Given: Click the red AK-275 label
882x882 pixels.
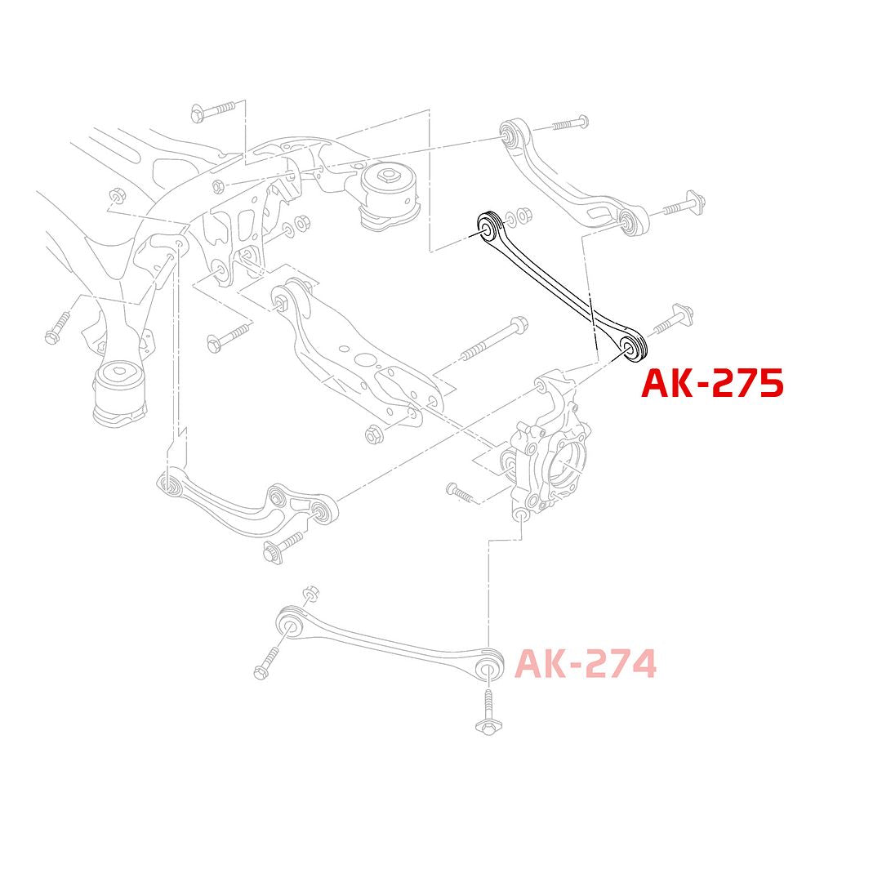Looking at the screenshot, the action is (x=712, y=383).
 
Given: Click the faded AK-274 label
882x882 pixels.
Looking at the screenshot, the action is (x=586, y=664).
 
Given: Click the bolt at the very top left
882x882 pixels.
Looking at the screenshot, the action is (x=213, y=111).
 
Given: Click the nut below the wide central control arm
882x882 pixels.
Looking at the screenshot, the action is (x=372, y=435).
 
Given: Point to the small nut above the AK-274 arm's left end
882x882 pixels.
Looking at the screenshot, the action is (x=310, y=594).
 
